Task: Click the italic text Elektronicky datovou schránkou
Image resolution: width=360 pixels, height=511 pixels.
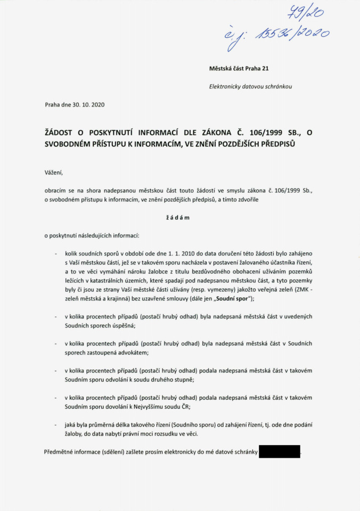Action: [250, 86]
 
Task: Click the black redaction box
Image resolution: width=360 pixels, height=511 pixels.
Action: [279, 452]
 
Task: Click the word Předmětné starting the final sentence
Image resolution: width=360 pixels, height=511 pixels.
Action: [61, 452]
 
